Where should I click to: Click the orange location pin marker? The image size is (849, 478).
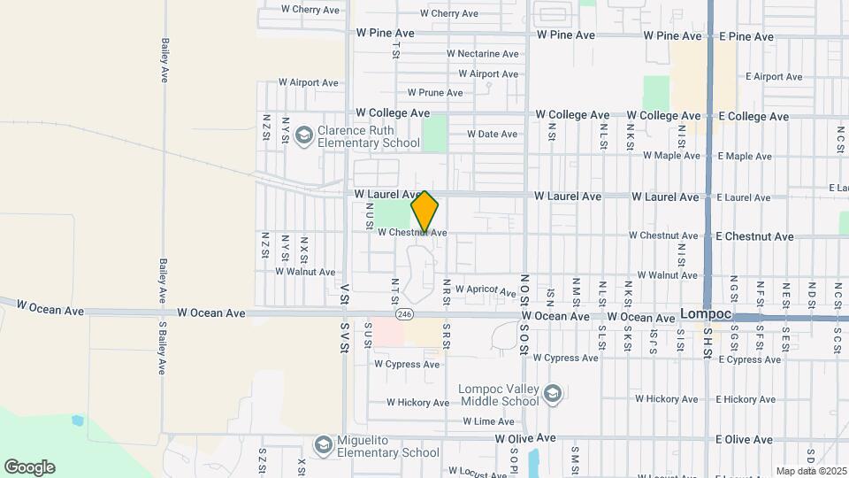point(425,212)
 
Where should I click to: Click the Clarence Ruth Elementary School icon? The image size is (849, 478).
point(304,134)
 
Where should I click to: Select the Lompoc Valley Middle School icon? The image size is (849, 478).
point(553,393)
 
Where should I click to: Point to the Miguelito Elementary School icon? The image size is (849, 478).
point(323,443)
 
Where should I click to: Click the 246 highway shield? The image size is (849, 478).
point(405,314)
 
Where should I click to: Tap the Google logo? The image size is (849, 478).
point(29,466)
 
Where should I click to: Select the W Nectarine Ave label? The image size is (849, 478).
point(482,54)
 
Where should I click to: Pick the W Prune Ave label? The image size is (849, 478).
point(435,93)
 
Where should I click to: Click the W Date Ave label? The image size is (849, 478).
point(492,135)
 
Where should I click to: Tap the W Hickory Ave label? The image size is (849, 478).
point(417,403)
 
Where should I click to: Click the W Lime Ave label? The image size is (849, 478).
point(488,421)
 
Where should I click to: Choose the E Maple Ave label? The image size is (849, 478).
point(745,157)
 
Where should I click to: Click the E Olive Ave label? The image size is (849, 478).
point(746,439)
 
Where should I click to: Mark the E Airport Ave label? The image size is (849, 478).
point(774,77)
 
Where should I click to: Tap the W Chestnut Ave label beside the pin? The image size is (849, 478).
point(412,233)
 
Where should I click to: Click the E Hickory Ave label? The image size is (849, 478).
point(746,399)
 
